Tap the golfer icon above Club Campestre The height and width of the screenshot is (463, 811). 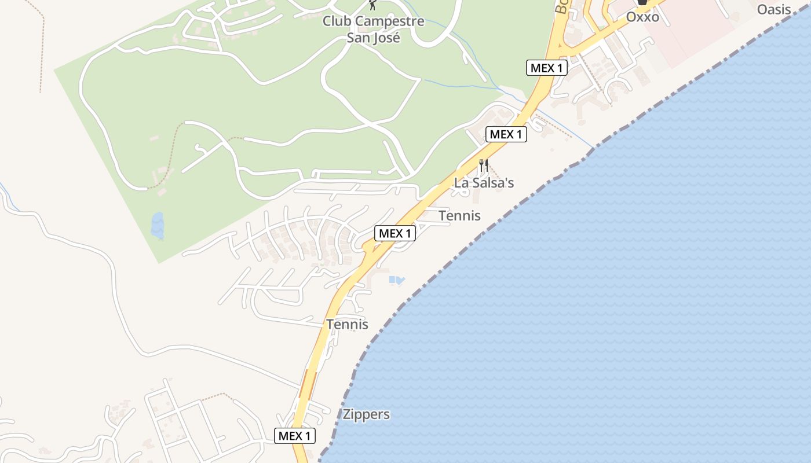coord(373,6)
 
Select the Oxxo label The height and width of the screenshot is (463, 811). coord(642,17)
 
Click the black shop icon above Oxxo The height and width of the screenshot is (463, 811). coord(642,3)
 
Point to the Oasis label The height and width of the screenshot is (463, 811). coord(774,9)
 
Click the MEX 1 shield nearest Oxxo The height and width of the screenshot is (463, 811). coord(546,68)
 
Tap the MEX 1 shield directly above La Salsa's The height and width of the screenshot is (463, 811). coord(506,134)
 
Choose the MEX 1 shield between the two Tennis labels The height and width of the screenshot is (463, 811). coord(396,233)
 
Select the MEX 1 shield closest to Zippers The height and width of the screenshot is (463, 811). coord(295,436)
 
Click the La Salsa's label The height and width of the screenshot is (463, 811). coord(484,183)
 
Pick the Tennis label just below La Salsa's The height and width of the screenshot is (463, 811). coord(459,216)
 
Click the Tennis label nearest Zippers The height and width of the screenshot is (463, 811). coord(347,324)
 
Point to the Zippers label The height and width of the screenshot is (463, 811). coord(366,414)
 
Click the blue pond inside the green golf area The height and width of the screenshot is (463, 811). coord(157,225)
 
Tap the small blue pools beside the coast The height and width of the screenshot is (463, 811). coord(397,281)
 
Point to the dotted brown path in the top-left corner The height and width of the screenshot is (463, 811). coord(41,46)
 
